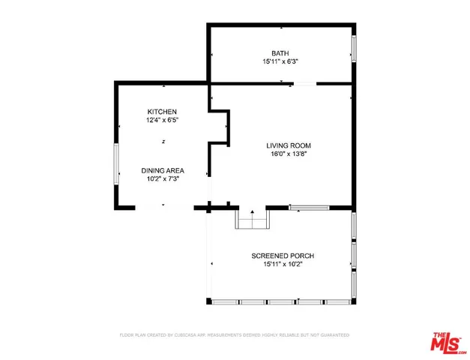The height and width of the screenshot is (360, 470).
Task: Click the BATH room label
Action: click(x=280, y=53)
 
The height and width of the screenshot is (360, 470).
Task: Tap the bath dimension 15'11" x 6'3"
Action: click(x=280, y=61)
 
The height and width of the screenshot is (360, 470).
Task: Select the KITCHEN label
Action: click(x=162, y=112)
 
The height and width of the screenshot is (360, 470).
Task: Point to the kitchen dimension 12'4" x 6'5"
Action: click(x=162, y=120)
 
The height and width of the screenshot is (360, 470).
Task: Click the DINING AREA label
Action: click(x=163, y=170)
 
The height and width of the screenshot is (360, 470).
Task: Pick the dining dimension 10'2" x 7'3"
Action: click(x=163, y=178)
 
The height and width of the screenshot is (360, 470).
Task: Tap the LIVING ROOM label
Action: click(x=288, y=145)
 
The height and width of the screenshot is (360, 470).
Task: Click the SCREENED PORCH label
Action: click(x=281, y=256)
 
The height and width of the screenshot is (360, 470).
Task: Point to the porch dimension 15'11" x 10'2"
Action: click(x=281, y=264)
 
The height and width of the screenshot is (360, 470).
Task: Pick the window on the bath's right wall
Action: click(x=353, y=47)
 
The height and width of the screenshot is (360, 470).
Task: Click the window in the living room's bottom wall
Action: click(x=310, y=208)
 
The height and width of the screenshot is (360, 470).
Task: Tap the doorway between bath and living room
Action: click(x=304, y=84)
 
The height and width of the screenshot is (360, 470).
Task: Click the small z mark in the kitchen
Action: click(x=163, y=141)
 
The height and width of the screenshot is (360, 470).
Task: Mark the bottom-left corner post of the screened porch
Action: click(x=209, y=301)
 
